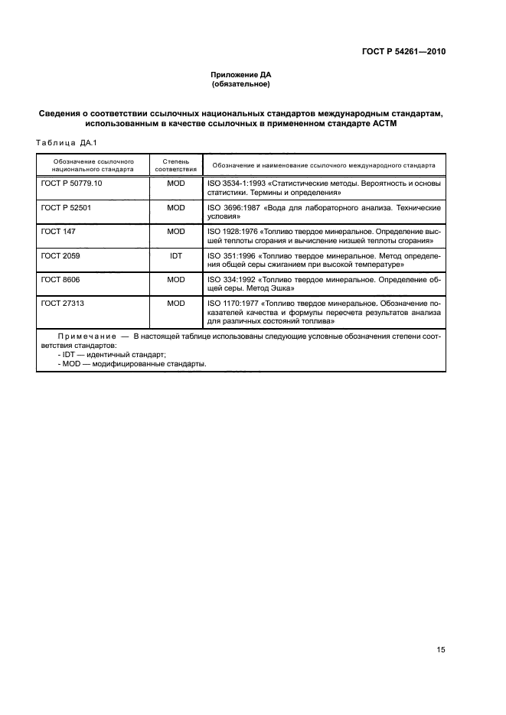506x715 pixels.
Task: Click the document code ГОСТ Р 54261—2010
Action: (403, 52)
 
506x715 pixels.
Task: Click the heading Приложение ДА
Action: (241, 75)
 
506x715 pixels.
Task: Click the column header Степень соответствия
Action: (176, 166)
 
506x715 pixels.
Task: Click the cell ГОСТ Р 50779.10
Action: (71, 184)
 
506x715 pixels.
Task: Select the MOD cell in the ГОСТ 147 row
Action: (176, 230)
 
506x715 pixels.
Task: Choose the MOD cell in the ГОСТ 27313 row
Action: (176, 304)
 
